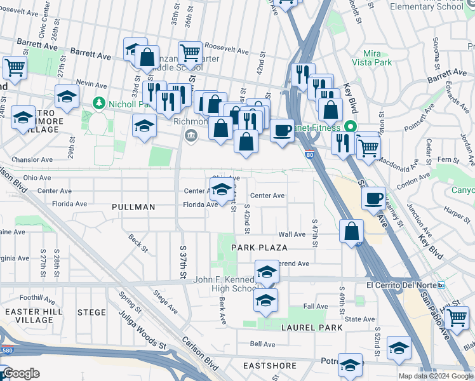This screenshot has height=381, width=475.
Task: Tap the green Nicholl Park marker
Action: click(x=98, y=102)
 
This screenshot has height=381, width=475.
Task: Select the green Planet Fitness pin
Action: click(x=351, y=126)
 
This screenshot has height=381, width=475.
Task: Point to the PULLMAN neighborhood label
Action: click(x=133, y=207)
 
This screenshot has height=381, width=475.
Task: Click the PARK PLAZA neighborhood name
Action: click(x=259, y=247)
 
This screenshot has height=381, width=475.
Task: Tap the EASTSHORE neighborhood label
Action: click(x=270, y=366)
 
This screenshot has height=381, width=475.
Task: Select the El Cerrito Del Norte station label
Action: click(x=402, y=284)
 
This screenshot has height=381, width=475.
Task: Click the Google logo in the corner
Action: click(x=21, y=373)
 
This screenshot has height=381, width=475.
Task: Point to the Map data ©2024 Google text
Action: click(x=434, y=376)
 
